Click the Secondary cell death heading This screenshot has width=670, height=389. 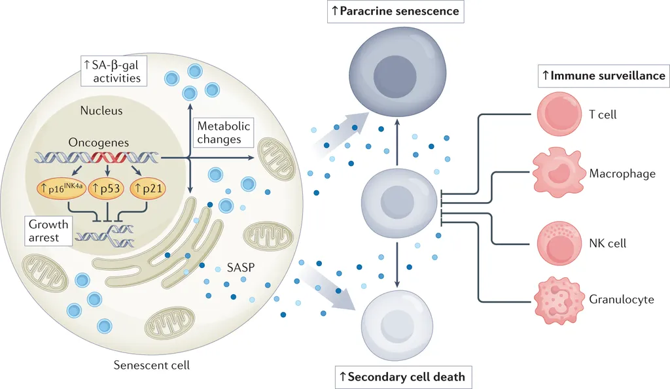click(x=402, y=377)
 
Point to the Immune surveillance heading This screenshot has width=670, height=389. click(x=603, y=76)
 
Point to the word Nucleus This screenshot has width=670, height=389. click(x=101, y=111)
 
